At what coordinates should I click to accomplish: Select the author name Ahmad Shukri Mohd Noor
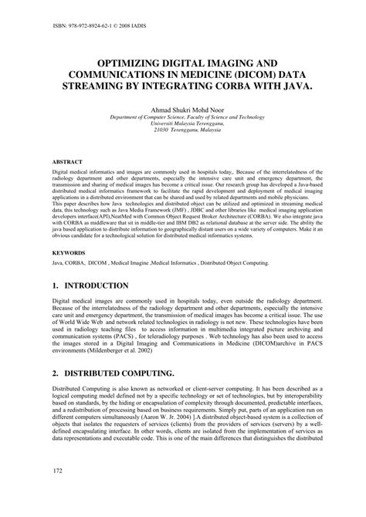182,109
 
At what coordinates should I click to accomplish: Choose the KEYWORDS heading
69,252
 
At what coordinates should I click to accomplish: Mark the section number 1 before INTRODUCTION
56,285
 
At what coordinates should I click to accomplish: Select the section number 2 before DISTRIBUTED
56,373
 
